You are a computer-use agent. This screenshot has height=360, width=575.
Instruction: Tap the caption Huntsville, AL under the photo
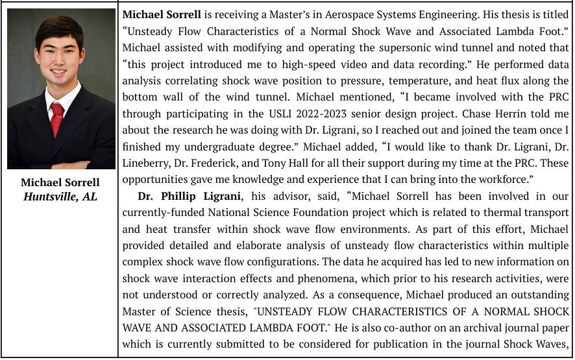(60, 196)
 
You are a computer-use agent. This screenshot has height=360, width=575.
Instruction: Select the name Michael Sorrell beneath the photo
(60, 182)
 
